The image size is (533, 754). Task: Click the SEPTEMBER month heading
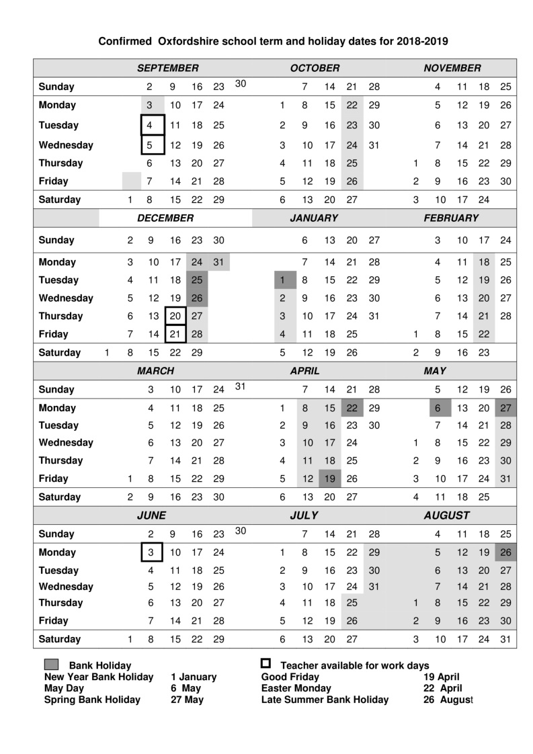[168, 68]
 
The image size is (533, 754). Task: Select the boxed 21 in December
[175, 334]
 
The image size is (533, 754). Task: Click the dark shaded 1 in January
[283, 280]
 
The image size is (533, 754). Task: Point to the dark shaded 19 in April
[329, 478]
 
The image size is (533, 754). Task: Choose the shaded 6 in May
[438, 408]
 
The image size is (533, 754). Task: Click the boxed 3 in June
[151, 552]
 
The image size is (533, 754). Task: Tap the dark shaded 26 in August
[506, 552]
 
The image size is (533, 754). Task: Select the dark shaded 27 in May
[506, 408]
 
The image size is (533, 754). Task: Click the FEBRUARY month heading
[451, 218]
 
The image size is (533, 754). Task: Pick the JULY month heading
[304, 515]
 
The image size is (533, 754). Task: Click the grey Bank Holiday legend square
[52, 665]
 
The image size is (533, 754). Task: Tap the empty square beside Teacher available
[265, 664]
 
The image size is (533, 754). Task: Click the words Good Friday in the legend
[290, 677]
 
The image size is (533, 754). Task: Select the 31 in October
[374, 144]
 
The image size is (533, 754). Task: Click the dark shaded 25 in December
[197, 280]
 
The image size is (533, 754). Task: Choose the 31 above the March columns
[241, 386]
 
